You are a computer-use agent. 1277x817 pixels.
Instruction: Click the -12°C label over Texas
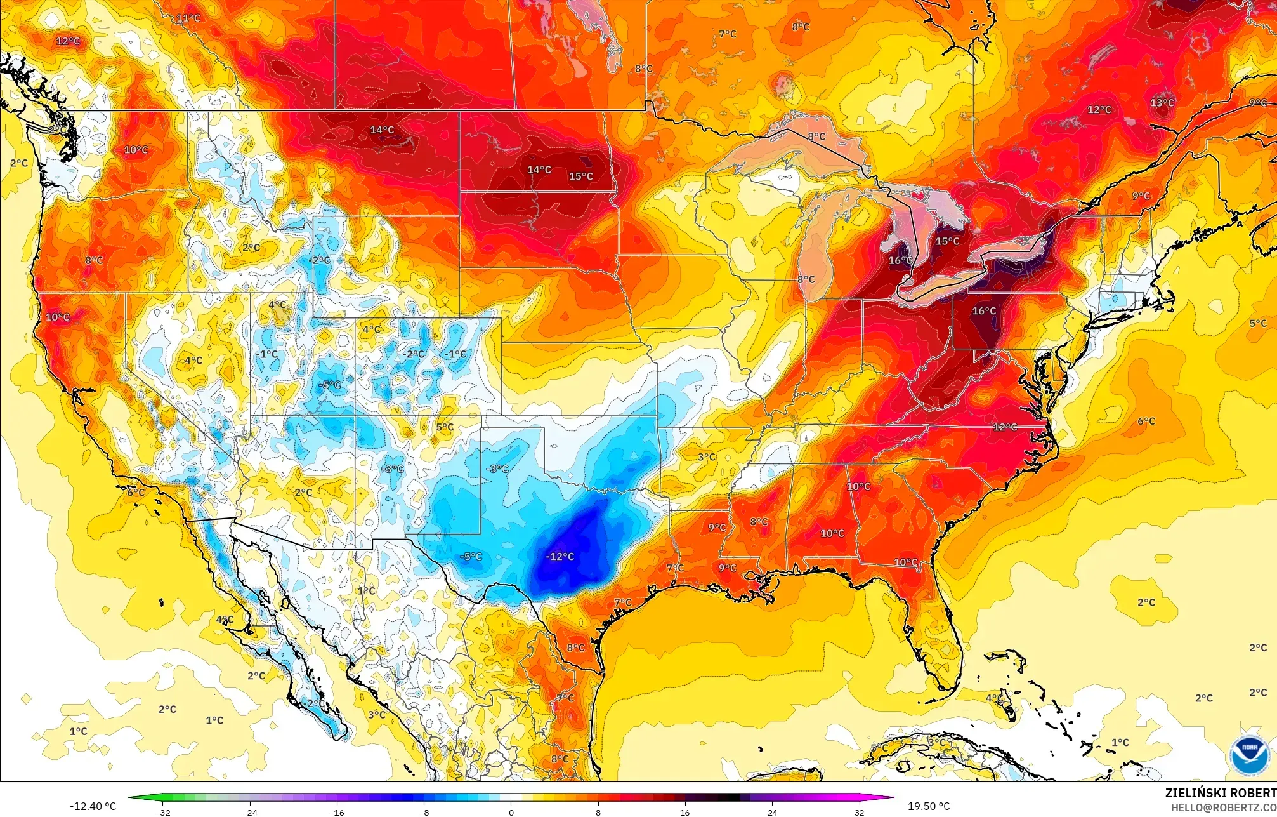560,557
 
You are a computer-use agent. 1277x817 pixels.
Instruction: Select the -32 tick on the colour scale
164,812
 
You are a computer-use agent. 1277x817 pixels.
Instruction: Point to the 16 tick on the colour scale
684,812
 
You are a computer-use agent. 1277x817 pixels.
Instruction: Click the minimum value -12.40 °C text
93,806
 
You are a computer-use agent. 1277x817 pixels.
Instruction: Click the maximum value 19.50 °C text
928,806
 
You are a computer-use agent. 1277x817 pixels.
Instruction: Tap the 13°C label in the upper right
1162,103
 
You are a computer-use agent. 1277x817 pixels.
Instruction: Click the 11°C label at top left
188,18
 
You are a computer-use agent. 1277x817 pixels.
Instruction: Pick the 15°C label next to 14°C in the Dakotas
580,176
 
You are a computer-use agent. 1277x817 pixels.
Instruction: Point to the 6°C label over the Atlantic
1146,421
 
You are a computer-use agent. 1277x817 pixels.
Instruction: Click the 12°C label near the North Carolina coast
1005,427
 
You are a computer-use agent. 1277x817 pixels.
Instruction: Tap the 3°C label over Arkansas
706,457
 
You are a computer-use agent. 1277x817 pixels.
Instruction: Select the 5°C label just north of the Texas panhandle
445,427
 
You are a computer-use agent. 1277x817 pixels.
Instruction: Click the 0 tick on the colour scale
511,812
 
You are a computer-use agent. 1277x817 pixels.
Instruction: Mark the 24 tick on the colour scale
771,812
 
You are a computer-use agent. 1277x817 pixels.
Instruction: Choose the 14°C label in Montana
382,130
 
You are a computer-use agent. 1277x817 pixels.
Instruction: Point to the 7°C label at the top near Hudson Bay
727,34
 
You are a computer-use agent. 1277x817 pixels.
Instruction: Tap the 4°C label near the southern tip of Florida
994,698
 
